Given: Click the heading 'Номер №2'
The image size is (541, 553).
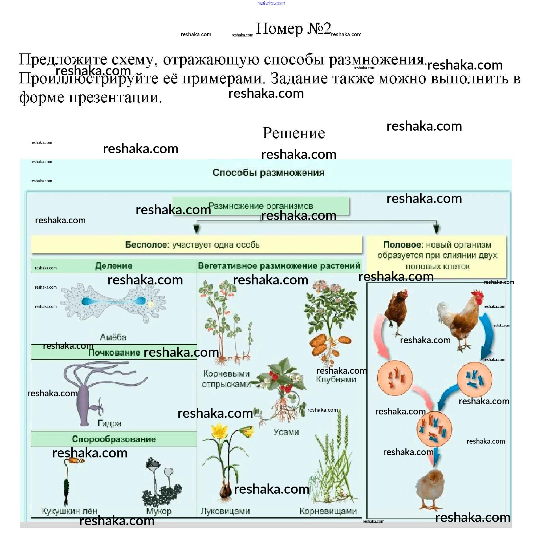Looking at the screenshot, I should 293,29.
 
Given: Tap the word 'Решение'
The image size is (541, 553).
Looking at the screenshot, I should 293,133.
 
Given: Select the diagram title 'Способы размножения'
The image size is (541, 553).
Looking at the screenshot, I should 268,172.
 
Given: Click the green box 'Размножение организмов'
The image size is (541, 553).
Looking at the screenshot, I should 261,206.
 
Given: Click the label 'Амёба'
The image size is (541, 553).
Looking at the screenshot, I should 113,337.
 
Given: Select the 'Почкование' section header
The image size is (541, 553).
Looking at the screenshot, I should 114,353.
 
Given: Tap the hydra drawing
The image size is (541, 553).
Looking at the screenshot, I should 85,395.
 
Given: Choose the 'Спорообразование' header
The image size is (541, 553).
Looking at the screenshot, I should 114,439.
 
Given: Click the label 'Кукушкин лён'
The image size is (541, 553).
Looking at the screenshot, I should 69,511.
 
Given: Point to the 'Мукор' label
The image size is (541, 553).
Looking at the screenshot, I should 158,511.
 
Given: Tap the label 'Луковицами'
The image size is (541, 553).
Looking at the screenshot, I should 225,511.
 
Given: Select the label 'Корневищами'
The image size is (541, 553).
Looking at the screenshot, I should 328,511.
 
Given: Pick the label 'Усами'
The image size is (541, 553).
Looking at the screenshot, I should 286,432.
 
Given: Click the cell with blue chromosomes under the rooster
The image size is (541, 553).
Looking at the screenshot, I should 474,379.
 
